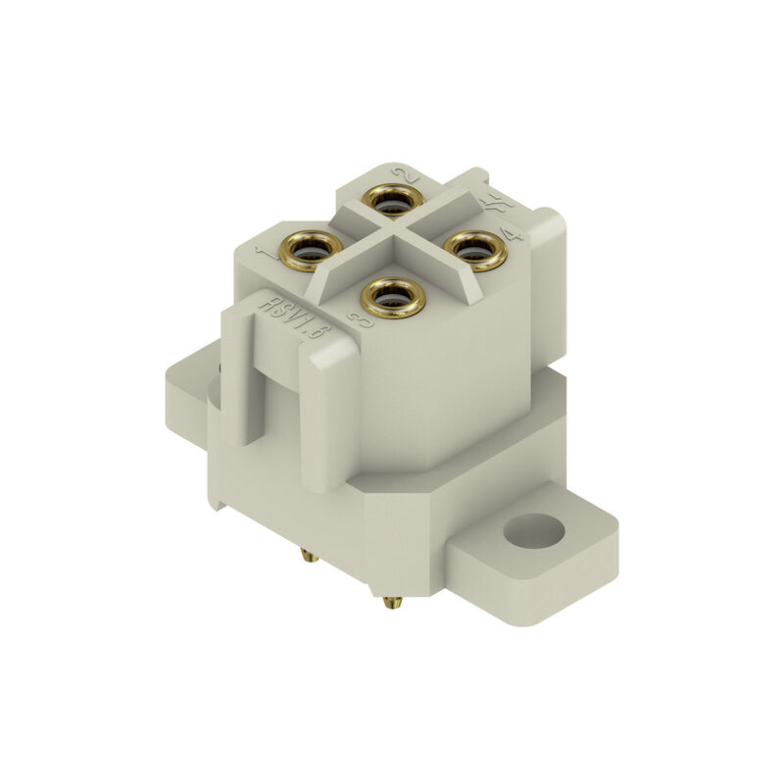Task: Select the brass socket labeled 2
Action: [x=392, y=202]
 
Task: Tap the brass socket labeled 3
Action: [x=393, y=296]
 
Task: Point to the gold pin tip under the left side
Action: [x=310, y=556]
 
